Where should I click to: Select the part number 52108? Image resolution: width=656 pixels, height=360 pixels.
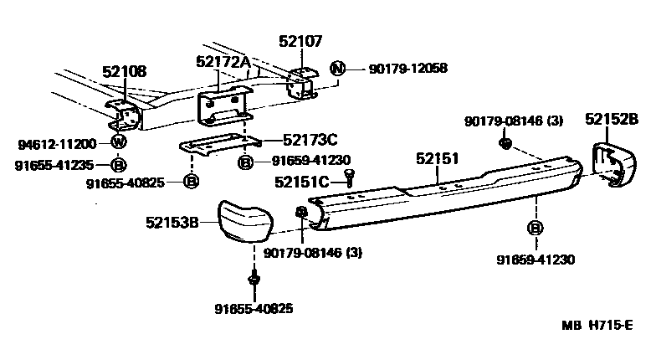(x=123, y=72)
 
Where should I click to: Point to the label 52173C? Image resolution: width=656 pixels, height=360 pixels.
(x=310, y=139)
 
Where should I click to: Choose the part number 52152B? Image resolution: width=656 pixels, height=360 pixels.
(x=611, y=120)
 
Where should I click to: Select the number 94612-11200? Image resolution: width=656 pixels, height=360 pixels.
(x=55, y=144)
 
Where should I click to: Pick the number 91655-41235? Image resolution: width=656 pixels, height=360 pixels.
(x=55, y=164)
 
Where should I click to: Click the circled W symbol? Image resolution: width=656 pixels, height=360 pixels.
(x=118, y=143)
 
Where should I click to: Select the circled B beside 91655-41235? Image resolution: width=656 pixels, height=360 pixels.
(x=118, y=164)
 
